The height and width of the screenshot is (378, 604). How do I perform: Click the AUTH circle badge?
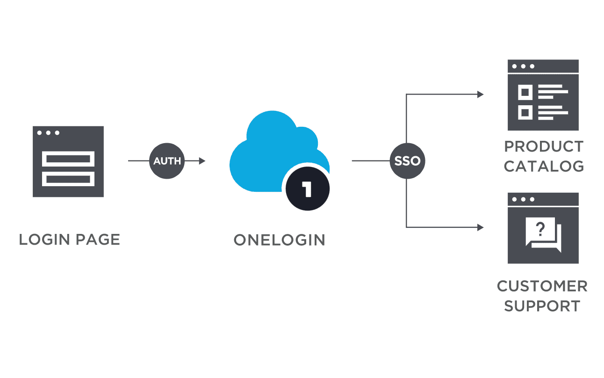pos(167,161)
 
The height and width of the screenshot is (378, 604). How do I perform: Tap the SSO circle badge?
pos(407,161)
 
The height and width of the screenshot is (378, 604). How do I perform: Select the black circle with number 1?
pos(307,190)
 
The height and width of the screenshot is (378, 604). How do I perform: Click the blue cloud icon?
pos(271,150)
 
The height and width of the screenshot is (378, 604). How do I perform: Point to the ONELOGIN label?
pos(280,240)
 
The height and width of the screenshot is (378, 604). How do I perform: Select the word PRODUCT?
pos(544,146)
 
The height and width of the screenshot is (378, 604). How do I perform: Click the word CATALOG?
pos(544,166)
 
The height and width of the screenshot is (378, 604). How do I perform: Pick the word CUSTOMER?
pos(542,286)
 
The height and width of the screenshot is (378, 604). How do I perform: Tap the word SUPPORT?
pos(542,306)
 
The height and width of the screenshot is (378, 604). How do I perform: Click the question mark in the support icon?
pos(540,229)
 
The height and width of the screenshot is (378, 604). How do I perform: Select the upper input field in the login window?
pos(68,159)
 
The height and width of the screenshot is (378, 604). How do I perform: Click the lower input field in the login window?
pos(68,178)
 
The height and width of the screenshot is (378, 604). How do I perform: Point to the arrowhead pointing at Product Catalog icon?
pos(480,94)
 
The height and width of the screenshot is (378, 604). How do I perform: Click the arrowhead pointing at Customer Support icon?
pos(480,227)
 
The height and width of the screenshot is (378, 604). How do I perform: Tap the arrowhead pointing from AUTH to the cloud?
pos(202,161)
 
